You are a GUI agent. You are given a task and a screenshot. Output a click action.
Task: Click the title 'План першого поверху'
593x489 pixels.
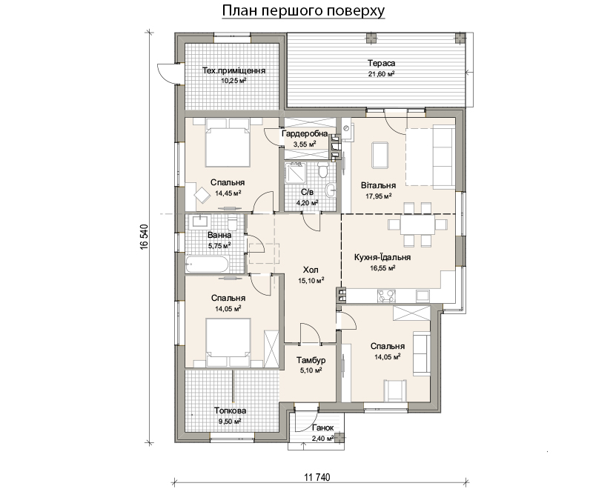tap(303, 11)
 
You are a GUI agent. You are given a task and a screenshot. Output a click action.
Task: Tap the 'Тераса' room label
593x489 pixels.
tap(381, 64)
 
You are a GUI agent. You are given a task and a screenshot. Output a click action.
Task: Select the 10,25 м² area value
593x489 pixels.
tap(233, 80)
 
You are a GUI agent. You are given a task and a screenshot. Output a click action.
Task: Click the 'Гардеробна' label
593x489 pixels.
tap(305, 134)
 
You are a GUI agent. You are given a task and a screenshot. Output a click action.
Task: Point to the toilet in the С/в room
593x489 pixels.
tap(323, 170)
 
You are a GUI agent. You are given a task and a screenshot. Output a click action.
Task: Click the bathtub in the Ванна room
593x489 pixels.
tap(207, 265)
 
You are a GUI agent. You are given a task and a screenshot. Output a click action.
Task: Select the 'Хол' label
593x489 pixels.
tap(311, 270)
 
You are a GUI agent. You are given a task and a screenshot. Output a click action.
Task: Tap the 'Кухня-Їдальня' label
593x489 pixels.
tap(382, 257)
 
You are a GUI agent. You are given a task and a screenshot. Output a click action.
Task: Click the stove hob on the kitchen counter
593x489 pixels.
tap(386, 296)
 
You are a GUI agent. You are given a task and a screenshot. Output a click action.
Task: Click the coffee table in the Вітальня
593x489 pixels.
tap(380, 155)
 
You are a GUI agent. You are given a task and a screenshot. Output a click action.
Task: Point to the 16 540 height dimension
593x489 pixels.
tap(144, 237)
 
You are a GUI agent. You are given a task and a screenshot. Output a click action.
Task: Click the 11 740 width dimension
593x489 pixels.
tap(317, 477)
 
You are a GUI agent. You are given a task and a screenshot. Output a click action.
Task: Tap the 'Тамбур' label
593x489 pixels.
tap(311, 360)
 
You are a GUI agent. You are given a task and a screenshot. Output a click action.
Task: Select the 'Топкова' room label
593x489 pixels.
tap(230, 410)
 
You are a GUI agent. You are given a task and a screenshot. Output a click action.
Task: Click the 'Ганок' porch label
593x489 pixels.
tap(323, 428)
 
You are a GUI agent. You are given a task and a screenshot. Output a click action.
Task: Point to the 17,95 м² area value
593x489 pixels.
tap(378, 196)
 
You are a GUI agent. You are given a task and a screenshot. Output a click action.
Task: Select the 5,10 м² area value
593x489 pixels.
tap(311, 370)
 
